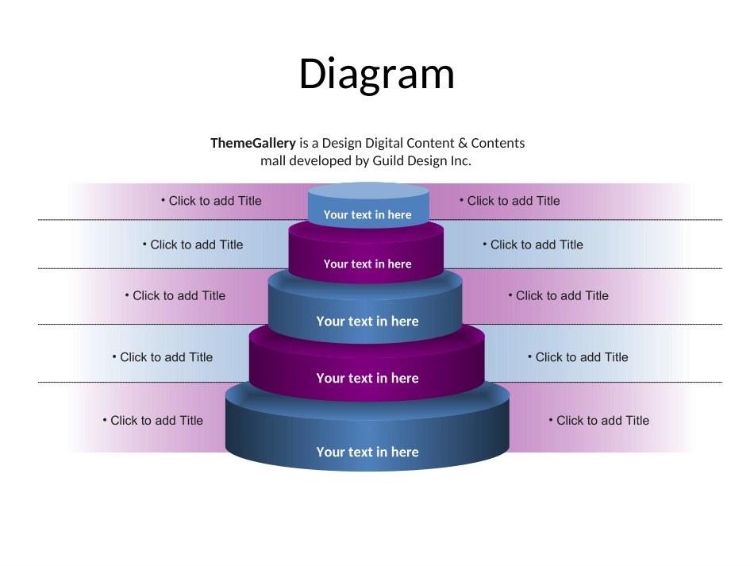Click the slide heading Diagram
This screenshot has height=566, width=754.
pos(377,75)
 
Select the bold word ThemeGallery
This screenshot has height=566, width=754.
pos(252,144)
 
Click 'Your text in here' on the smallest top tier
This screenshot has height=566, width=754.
pos(367,214)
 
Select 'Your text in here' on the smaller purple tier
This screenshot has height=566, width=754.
pos(367,264)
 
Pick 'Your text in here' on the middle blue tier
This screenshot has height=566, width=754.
pos(367,322)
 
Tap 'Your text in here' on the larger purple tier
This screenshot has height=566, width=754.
pos(367,379)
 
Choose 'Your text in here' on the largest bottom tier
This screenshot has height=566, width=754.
pos(367,452)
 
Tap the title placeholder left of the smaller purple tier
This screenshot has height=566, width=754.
pos(196,244)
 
